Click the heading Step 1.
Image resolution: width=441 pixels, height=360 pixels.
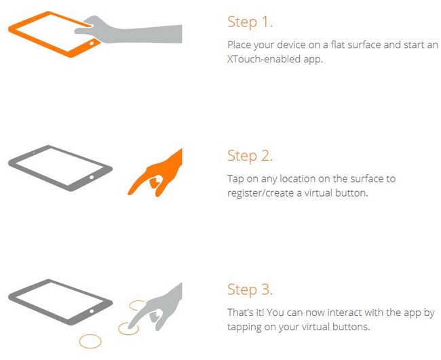(250, 22)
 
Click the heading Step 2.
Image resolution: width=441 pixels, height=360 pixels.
(250, 156)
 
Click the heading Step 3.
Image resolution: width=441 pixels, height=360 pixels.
(250, 289)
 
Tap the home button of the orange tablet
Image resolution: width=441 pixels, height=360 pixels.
(92, 43)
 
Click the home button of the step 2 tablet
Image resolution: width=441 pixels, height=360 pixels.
(92, 178)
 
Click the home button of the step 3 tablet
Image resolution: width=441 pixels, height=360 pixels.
(92, 311)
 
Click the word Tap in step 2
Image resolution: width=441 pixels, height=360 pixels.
(235, 179)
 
